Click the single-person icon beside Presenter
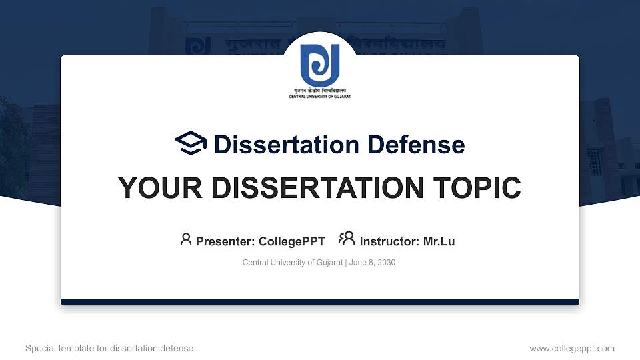[186, 239]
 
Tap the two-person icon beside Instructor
[347, 239]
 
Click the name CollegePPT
[291, 241]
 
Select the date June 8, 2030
[373, 263]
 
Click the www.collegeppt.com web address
[571, 348]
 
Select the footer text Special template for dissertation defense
[109, 348]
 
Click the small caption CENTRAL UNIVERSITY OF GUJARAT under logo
[319, 97]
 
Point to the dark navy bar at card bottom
[320, 302]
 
